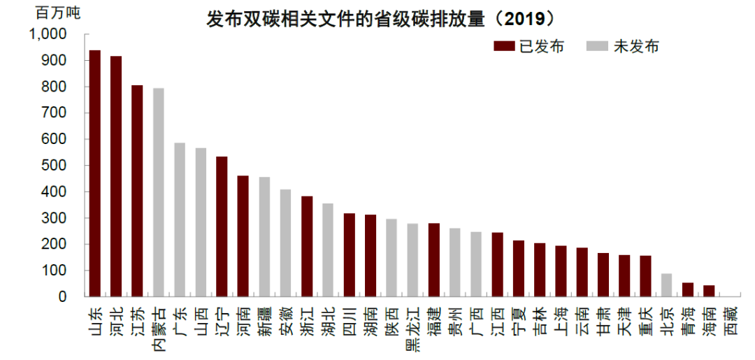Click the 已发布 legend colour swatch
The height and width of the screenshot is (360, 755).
click(x=504, y=47)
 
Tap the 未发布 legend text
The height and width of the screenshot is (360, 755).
click(x=636, y=47)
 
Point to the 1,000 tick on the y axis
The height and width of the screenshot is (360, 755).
click(x=48, y=34)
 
